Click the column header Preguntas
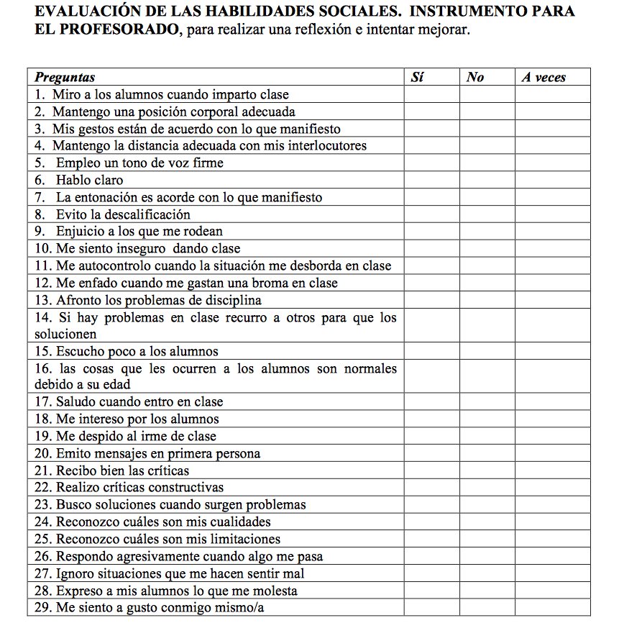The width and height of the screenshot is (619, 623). tap(65, 77)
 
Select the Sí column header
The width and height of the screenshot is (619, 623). tap(417, 77)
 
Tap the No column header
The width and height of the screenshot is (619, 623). tap(475, 77)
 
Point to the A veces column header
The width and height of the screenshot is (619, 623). tap(544, 77)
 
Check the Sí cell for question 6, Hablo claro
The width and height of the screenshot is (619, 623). tap(431, 181)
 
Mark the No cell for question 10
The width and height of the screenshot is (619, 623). tap(487, 249)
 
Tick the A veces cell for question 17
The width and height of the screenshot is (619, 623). tap(552, 401)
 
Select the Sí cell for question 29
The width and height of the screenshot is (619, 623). tap(431, 608)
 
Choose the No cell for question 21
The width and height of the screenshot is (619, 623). tap(487, 470)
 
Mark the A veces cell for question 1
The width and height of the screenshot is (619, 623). tap(552, 94)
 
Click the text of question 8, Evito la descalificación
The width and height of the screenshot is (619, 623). tap(123, 214)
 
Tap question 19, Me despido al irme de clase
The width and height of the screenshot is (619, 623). tap(136, 436)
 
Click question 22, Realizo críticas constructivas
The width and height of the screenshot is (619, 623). tap(139, 488)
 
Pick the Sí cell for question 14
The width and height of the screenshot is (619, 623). tap(431, 326)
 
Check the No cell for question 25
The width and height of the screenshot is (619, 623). tap(487, 539)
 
